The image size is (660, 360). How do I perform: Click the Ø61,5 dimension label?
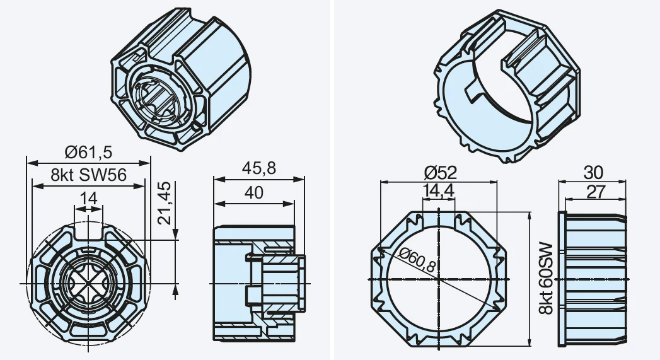(x=89, y=152)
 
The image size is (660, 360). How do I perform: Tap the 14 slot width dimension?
(x=88, y=198)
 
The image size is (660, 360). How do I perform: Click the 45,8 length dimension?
(x=259, y=168)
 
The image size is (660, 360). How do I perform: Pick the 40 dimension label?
(x=254, y=192)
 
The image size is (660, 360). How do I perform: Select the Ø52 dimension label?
(x=440, y=172)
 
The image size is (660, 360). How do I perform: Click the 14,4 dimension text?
(x=439, y=190)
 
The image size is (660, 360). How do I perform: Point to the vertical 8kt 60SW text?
(x=545, y=278)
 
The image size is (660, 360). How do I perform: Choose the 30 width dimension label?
(x=593, y=172)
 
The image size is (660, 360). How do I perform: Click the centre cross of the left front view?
(x=88, y=283)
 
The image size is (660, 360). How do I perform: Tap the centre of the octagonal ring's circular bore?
(x=439, y=279)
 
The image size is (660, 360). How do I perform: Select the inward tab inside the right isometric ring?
(x=475, y=91)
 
